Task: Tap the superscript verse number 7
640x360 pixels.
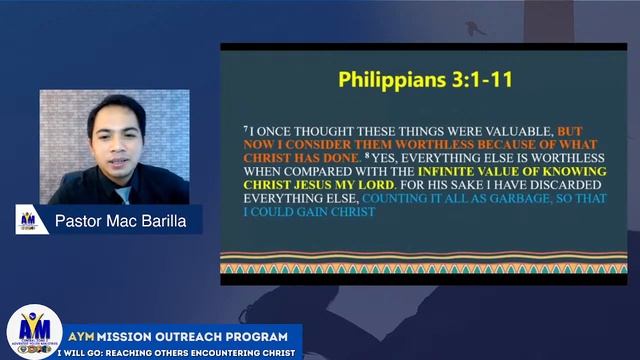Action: click(x=245, y=129)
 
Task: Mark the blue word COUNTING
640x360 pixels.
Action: click(x=399, y=199)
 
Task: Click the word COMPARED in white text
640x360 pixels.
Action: click(x=322, y=171)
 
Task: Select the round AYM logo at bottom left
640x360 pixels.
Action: click(x=34, y=332)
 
